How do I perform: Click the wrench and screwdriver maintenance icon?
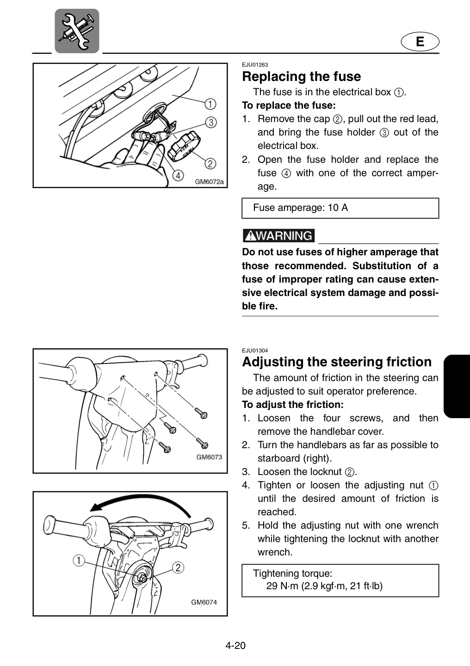(x=77, y=31)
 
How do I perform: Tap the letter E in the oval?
(x=420, y=41)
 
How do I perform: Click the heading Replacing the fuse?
(x=301, y=76)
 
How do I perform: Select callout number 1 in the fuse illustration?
(x=210, y=104)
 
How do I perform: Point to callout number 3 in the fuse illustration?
(x=211, y=123)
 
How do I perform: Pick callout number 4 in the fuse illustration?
(x=178, y=176)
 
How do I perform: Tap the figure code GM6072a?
(x=210, y=182)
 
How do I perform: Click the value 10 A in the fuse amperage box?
(x=338, y=208)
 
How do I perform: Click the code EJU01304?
(x=255, y=351)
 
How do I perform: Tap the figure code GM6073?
(x=209, y=457)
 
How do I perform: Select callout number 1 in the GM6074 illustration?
(x=79, y=561)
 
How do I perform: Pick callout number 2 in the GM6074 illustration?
(x=178, y=568)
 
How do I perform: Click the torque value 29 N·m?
(x=282, y=586)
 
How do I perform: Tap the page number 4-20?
(x=235, y=646)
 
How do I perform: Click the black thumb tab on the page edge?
(x=457, y=386)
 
